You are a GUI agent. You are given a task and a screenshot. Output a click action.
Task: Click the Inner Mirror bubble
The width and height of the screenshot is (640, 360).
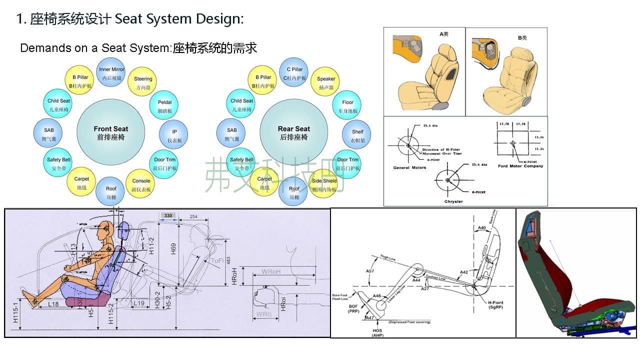[x=111, y=73]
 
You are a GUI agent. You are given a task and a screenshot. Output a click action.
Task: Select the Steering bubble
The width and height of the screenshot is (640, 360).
[x=143, y=83]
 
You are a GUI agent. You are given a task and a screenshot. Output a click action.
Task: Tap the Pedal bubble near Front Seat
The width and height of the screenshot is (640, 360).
[x=164, y=106]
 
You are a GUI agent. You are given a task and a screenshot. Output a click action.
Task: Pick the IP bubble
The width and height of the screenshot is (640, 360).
[x=174, y=135]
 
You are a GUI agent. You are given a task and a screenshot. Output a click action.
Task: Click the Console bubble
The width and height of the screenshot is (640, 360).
[x=141, y=185]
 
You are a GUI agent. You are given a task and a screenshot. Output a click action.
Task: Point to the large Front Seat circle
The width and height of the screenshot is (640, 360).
[x=111, y=132]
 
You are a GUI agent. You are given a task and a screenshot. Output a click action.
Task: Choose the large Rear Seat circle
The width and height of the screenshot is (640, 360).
[x=294, y=132]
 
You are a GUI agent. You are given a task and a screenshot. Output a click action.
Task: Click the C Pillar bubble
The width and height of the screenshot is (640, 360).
[x=294, y=73]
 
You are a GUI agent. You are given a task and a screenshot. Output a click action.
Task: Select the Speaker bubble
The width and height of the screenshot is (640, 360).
[x=326, y=83]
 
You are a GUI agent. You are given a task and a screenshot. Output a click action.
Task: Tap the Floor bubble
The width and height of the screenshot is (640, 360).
[x=347, y=106]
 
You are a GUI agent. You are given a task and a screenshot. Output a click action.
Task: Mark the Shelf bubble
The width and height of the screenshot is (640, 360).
[x=357, y=135]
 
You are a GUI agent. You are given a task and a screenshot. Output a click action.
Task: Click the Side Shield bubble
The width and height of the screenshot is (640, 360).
[x=324, y=185]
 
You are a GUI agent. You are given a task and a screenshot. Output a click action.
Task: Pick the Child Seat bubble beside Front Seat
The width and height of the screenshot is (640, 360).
[x=59, y=104]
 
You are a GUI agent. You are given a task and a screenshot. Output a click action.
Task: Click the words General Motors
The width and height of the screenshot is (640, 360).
[x=408, y=167]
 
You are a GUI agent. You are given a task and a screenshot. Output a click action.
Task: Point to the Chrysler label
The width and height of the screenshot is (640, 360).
[x=453, y=201]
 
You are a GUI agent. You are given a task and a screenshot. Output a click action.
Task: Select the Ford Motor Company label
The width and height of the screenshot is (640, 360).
[x=520, y=166]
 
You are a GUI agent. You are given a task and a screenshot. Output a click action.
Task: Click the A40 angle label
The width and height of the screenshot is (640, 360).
[x=482, y=228]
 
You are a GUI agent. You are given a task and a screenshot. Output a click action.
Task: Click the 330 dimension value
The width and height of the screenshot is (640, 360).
[x=168, y=215]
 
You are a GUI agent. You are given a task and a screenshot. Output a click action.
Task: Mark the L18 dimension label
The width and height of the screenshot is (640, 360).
[x=53, y=303]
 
